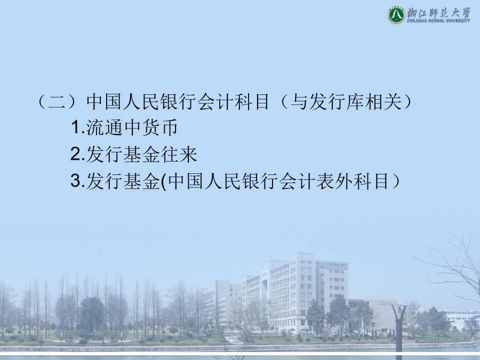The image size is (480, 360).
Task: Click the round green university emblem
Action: [396, 15]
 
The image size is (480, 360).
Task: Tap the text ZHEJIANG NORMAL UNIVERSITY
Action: [438, 21]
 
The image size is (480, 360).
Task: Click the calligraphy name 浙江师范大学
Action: [439, 13]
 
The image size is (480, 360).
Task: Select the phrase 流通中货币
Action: [132, 127]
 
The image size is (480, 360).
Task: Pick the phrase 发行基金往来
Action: [142, 154]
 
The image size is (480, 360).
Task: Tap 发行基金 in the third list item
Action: [123, 181]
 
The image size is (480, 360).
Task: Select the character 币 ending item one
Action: [169, 127]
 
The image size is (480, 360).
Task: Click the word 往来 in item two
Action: [179, 154]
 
